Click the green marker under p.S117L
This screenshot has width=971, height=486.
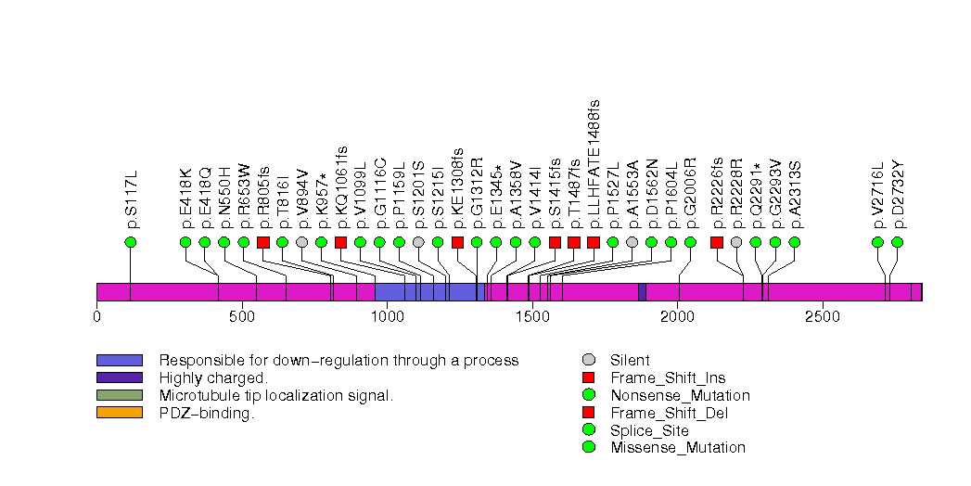130,242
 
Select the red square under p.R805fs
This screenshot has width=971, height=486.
262,242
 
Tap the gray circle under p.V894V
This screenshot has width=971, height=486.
301,242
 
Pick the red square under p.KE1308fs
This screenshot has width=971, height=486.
457,242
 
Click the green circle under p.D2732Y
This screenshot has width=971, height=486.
897,242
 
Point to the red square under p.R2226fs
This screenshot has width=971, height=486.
717,242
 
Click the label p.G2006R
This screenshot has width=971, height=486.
690,198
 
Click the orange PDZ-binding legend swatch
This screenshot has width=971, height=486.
119,413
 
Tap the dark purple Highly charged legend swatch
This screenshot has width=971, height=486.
119,377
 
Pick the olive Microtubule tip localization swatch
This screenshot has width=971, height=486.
119,395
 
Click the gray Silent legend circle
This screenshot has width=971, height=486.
588,360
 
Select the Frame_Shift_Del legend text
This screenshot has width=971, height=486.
667,413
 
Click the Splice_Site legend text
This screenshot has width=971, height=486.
649,430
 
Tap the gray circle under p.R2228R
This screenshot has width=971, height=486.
736,242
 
